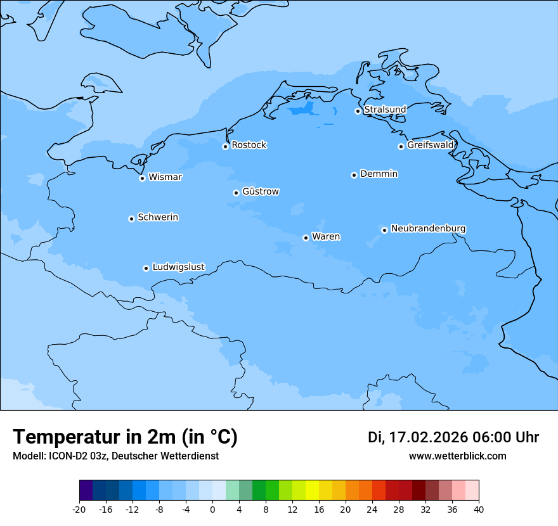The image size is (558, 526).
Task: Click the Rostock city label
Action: pyautogui.click(x=249, y=145)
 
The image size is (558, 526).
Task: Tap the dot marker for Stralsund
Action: pyautogui.click(x=358, y=111)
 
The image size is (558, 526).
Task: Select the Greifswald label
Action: pyautogui.click(x=430, y=145)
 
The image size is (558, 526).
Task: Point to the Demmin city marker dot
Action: pyautogui.click(x=354, y=175)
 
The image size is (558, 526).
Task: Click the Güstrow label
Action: pyautogui.click(x=260, y=191)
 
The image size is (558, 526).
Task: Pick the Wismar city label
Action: pyautogui.click(x=165, y=177)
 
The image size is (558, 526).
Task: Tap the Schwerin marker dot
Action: pyautogui.click(x=131, y=219)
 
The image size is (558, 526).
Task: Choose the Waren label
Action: pyautogui.click(x=325, y=236)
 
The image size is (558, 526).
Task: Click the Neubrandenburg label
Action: pyautogui.click(x=428, y=228)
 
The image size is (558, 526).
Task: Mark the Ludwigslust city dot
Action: pyautogui.click(x=146, y=268)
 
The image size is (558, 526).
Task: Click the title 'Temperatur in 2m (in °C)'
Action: pyautogui.click(x=125, y=437)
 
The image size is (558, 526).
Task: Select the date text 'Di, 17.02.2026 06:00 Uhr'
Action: pyautogui.click(x=453, y=437)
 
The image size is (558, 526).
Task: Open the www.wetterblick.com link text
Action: pyautogui.click(x=457, y=456)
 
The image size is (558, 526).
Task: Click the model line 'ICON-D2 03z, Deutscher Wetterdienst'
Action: pyautogui.click(x=115, y=456)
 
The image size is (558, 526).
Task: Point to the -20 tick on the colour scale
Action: pyautogui.click(x=79, y=509)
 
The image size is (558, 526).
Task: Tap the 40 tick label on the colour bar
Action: pyautogui.click(x=479, y=509)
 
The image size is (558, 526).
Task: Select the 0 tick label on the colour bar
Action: pyautogui.click(x=212, y=509)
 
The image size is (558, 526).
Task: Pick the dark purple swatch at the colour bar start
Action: pyautogui.click(x=86, y=491)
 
